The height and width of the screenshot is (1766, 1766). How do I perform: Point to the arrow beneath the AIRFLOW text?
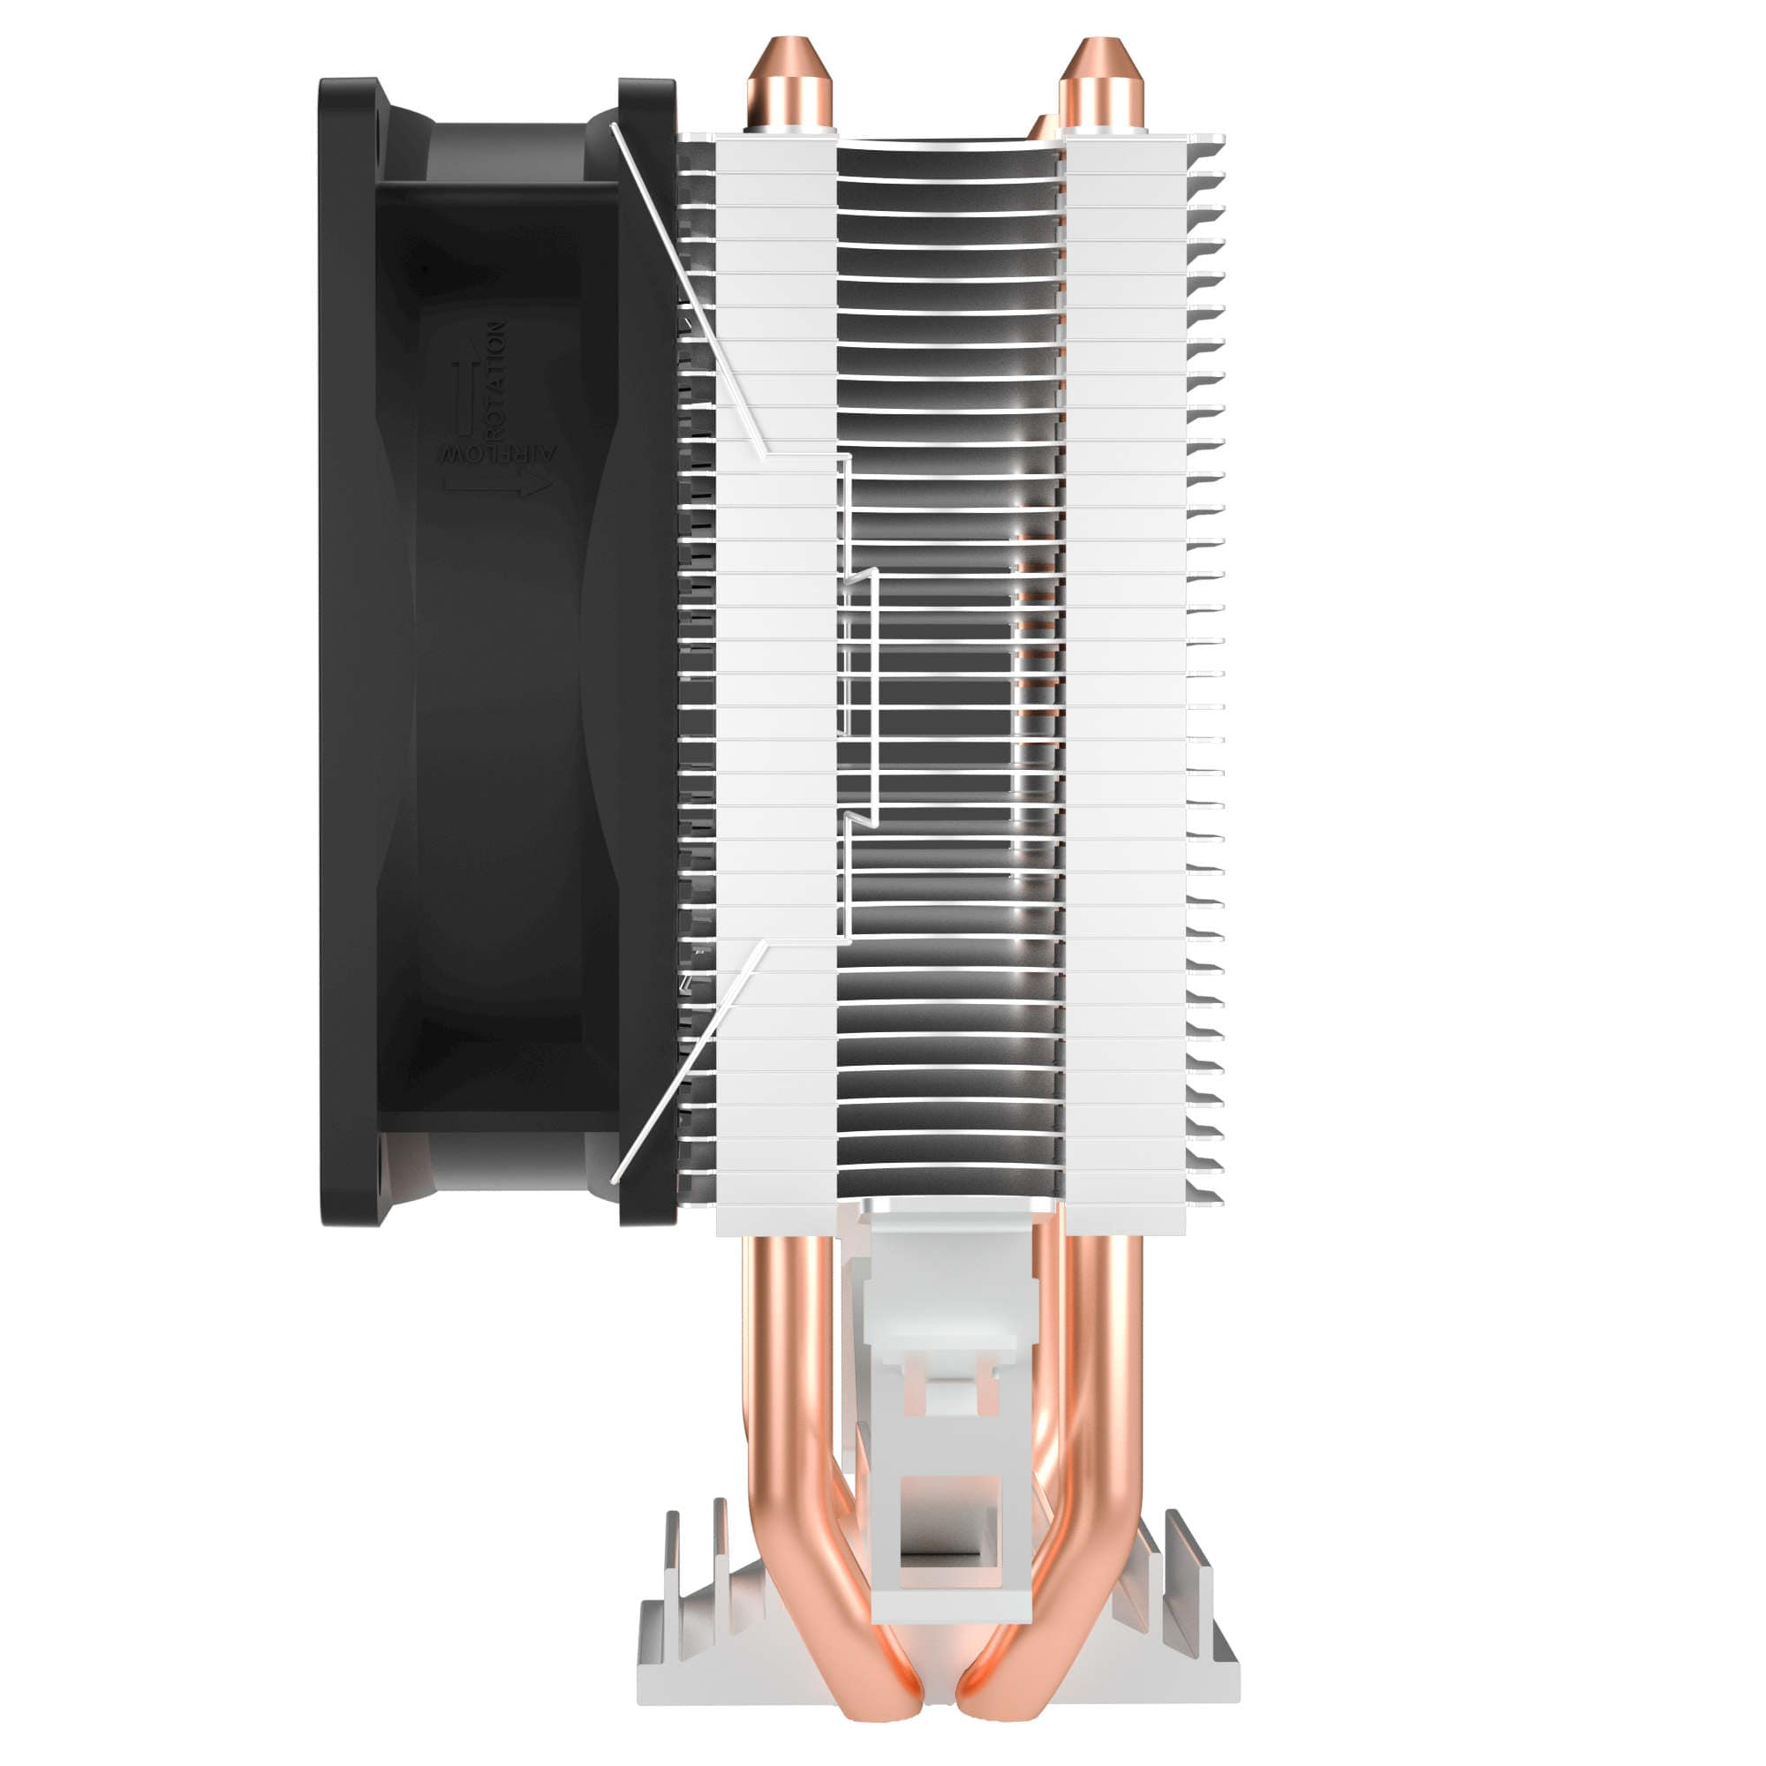point(499,486)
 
